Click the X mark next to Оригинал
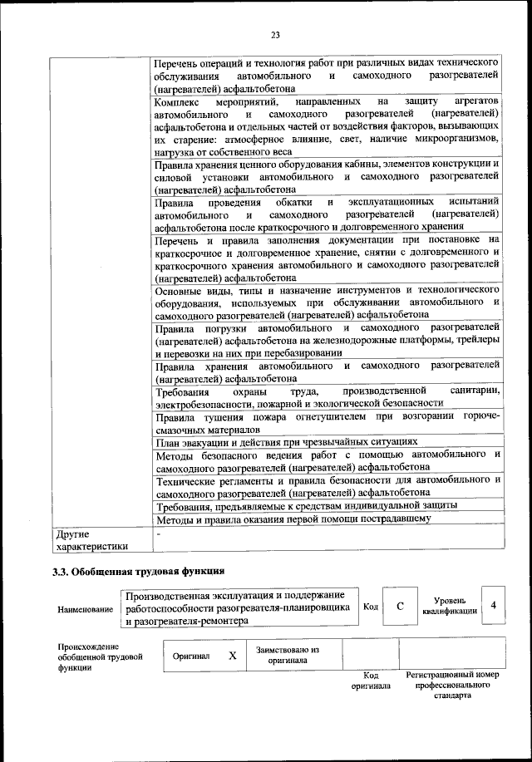coord(233,656)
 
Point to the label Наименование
coord(86,609)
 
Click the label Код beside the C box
coord(371,607)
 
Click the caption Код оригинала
coord(371,681)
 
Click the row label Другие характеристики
coord(91,540)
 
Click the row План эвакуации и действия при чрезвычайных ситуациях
coord(286,442)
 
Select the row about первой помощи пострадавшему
coord(293,519)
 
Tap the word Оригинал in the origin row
coord(191,656)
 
